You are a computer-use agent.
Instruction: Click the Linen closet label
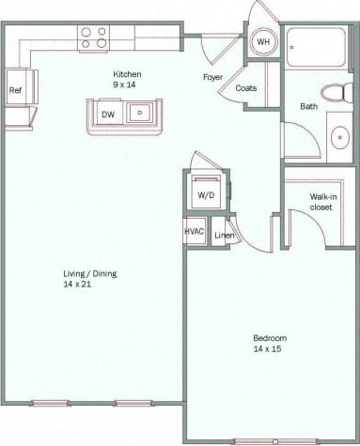(x=223, y=235)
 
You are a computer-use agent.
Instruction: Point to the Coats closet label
(x=246, y=88)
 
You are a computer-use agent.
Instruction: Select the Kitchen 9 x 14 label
(x=127, y=79)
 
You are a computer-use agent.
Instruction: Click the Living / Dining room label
(x=83, y=279)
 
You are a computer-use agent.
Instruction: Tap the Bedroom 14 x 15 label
(x=270, y=343)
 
